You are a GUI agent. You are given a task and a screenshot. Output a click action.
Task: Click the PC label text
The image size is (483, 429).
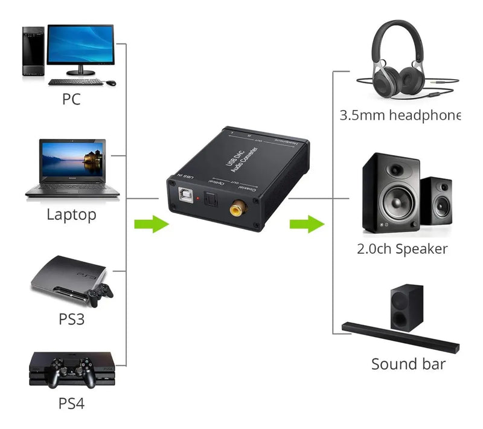coord(71,99)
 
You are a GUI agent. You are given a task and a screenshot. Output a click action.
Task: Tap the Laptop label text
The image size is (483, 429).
coord(71,214)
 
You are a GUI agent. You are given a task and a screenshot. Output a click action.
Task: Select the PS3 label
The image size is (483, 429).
coord(71,318)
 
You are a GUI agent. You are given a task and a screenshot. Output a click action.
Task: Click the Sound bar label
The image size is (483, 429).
coord(408,364)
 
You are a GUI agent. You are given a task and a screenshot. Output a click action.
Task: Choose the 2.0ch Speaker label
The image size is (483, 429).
coord(402,248)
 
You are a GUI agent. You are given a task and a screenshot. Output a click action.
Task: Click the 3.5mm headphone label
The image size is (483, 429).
coord(400,115)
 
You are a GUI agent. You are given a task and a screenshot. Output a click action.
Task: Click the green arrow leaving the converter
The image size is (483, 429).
coord(307,225)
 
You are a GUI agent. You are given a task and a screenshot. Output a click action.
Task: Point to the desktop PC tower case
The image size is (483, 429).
coord(33,51)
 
